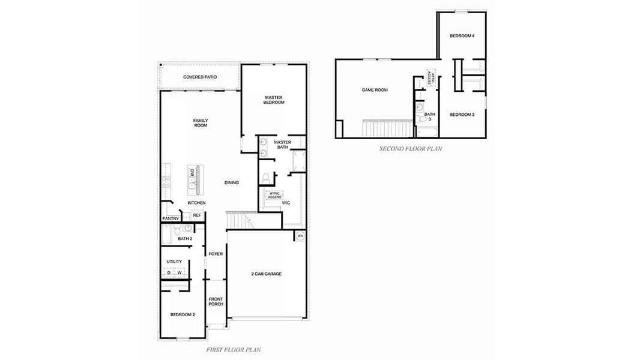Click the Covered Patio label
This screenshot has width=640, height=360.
coord(200,77)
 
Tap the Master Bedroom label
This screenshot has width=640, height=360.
coord(273,100)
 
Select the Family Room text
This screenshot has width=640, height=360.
coord(200,123)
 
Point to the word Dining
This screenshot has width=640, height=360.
coord(232,182)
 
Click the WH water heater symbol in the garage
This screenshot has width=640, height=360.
coord(300,236)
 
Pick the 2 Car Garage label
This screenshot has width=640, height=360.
coord(266,274)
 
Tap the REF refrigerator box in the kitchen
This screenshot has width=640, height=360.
coord(196,215)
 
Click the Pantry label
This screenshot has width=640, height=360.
coord(171,218)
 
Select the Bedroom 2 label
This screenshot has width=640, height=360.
coord(182,314)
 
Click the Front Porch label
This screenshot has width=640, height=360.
coord(216,301)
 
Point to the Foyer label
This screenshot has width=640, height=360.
coord(216,254)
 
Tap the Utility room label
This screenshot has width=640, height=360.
coord(174,262)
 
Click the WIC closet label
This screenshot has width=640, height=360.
coord(286,203)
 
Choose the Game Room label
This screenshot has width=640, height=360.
coord(375,90)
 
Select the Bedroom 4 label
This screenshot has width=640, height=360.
coord(462,36)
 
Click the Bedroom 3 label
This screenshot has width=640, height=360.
coord(462,115)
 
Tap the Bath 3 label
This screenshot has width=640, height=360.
coord(429,116)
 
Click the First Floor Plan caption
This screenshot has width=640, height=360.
coord(233,349)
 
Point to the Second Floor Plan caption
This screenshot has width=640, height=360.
coord(410,149)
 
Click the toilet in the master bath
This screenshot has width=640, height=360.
coord(265,178)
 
